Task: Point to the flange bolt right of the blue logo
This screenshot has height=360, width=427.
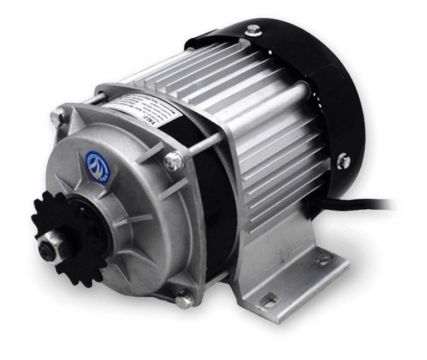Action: coord(174,161)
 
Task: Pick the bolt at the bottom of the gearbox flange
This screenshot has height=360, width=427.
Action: coord(184,300)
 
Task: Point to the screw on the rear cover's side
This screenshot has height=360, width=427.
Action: coord(342,161)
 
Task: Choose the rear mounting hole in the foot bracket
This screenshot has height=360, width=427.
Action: coord(324,258)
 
